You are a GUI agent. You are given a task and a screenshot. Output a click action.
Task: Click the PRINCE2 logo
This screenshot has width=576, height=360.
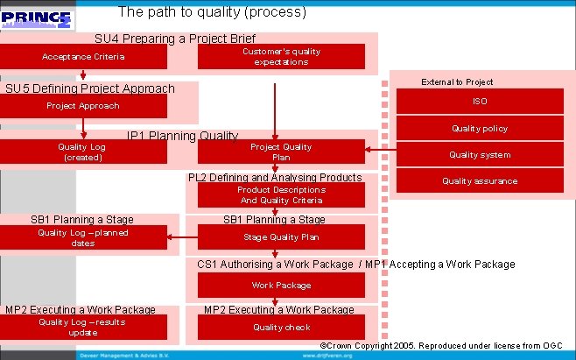(38, 18)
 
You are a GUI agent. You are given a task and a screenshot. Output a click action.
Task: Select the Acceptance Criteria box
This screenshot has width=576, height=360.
(84, 57)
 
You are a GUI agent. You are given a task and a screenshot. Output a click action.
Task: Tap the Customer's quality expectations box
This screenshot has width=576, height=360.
(281, 57)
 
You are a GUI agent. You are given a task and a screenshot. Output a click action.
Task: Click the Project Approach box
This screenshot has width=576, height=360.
(84, 106)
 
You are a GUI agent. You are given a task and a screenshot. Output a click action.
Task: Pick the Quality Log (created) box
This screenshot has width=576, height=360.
(84, 152)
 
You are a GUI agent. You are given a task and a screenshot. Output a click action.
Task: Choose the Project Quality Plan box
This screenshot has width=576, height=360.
(281, 152)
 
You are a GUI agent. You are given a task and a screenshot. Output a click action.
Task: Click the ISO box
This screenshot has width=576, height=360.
(480, 102)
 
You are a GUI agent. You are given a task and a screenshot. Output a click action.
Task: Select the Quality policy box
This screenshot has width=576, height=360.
(480, 129)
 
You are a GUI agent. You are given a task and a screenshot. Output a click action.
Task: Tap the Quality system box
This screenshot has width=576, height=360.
(480, 155)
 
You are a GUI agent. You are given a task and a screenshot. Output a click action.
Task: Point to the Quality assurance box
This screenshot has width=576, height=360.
(480, 181)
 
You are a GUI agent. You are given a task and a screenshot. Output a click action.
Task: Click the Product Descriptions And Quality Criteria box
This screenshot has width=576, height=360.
(281, 194)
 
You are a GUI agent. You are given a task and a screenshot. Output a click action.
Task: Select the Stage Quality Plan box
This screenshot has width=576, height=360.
(281, 237)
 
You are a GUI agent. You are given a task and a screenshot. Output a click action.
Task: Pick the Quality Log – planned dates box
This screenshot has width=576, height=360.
(84, 237)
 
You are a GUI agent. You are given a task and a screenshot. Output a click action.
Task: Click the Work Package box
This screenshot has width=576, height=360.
(281, 285)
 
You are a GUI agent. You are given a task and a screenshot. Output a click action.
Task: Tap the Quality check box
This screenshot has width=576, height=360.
(281, 327)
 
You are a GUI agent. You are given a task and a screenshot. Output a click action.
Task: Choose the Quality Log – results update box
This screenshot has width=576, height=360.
(84, 327)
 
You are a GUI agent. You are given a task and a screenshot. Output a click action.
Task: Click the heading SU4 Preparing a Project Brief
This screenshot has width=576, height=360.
(175, 39)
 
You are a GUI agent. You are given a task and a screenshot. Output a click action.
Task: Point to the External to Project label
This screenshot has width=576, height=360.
(457, 81)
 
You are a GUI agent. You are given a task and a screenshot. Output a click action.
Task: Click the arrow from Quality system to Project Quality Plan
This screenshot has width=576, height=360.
(380, 150)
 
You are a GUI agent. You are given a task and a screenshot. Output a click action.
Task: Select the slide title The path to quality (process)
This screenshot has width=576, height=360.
(212, 12)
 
